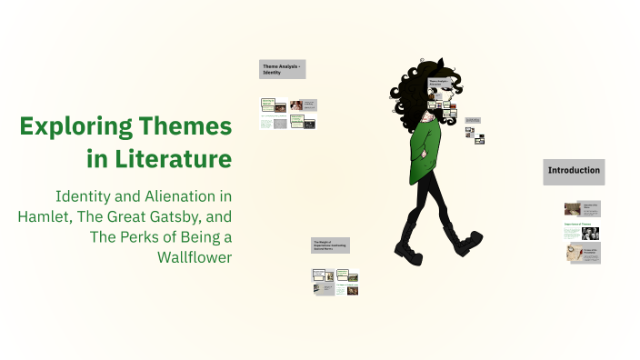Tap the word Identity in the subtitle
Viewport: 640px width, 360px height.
click(87, 195)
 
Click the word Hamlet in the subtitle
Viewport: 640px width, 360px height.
click(45, 216)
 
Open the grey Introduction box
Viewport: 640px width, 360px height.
click(573, 170)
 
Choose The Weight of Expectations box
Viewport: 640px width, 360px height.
click(331, 245)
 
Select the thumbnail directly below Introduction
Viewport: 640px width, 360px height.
click(582, 208)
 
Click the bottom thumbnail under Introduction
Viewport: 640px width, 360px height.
click(582, 255)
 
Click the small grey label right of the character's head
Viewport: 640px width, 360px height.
click(473, 120)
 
